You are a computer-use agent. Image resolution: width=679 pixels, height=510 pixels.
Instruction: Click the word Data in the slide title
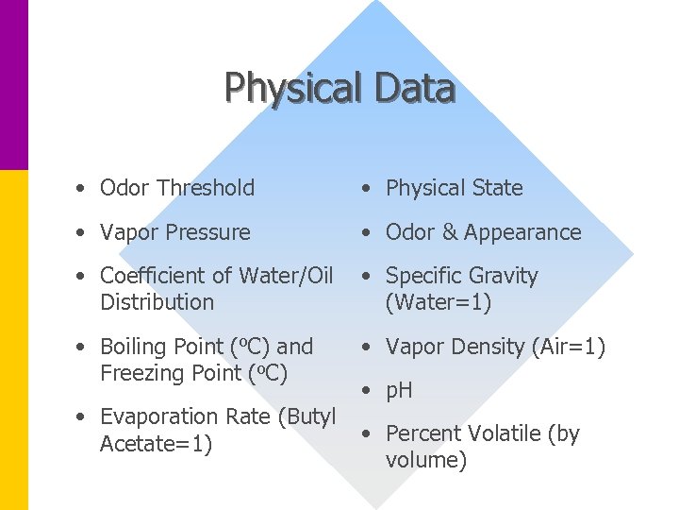click(414, 89)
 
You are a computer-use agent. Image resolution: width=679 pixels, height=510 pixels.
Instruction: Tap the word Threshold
click(206, 188)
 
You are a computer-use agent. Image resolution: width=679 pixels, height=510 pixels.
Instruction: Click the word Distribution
click(157, 302)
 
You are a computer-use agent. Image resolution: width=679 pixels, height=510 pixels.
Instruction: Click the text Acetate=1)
click(156, 443)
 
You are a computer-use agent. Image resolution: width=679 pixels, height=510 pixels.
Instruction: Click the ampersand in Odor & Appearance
click(448, 232)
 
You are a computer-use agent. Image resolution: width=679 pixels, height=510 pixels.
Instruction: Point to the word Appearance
click(522, 233)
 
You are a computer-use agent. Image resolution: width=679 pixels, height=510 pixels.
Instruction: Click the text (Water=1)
click(439, 302)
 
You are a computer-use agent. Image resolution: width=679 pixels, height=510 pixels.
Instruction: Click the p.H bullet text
click(399, 391)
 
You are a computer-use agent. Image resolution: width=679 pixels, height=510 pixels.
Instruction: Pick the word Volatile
click(502, 433)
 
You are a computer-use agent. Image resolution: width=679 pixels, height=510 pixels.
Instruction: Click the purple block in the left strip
click(14, 85)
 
